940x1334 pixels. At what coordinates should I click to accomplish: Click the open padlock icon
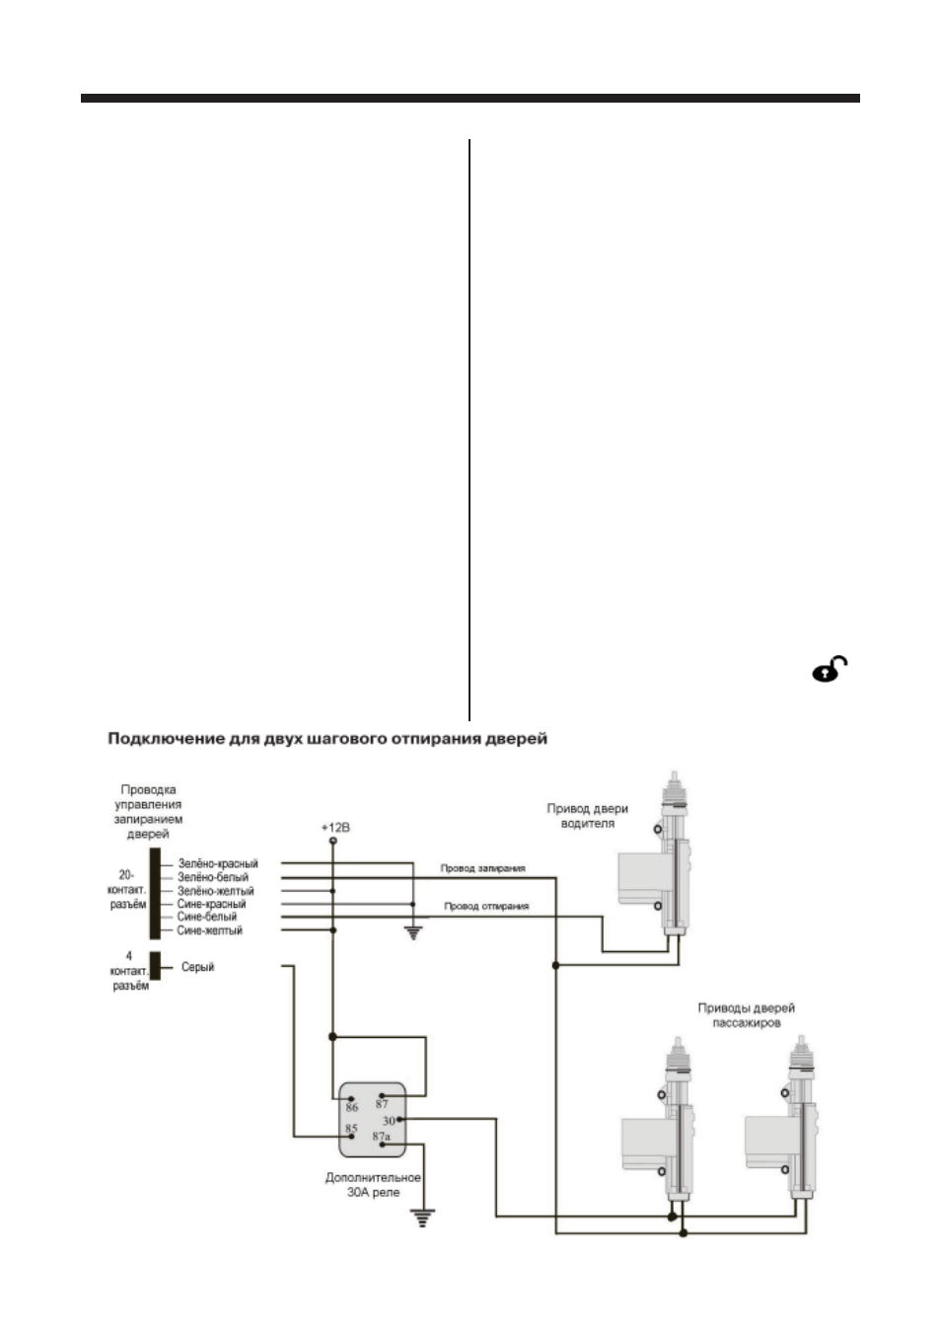(830, 669)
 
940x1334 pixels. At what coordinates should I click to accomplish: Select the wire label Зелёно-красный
(218, 863)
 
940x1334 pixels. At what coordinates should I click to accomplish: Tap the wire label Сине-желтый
(209, 930)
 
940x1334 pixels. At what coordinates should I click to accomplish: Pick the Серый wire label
(197, 967)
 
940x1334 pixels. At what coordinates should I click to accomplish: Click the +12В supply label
(335, 828)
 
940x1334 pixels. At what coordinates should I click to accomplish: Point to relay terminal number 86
(352, 1107)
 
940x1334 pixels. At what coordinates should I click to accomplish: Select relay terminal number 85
(351, 1128)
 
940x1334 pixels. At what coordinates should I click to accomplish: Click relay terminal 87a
(381, 1136)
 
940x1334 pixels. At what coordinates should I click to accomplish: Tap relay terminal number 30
(389, 1121)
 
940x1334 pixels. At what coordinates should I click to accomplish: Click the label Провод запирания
(482, 868)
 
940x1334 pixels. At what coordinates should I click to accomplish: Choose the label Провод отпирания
(486, 906)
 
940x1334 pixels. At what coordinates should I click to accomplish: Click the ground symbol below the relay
(422, 1218)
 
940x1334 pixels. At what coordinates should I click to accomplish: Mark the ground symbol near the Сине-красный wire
(413, 933)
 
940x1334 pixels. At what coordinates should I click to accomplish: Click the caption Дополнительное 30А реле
(373, 1185)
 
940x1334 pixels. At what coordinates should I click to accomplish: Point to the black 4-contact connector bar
(155, 966)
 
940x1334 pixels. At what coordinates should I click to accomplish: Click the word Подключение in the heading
(166, 739)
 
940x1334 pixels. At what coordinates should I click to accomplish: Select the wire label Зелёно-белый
(213, 877)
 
